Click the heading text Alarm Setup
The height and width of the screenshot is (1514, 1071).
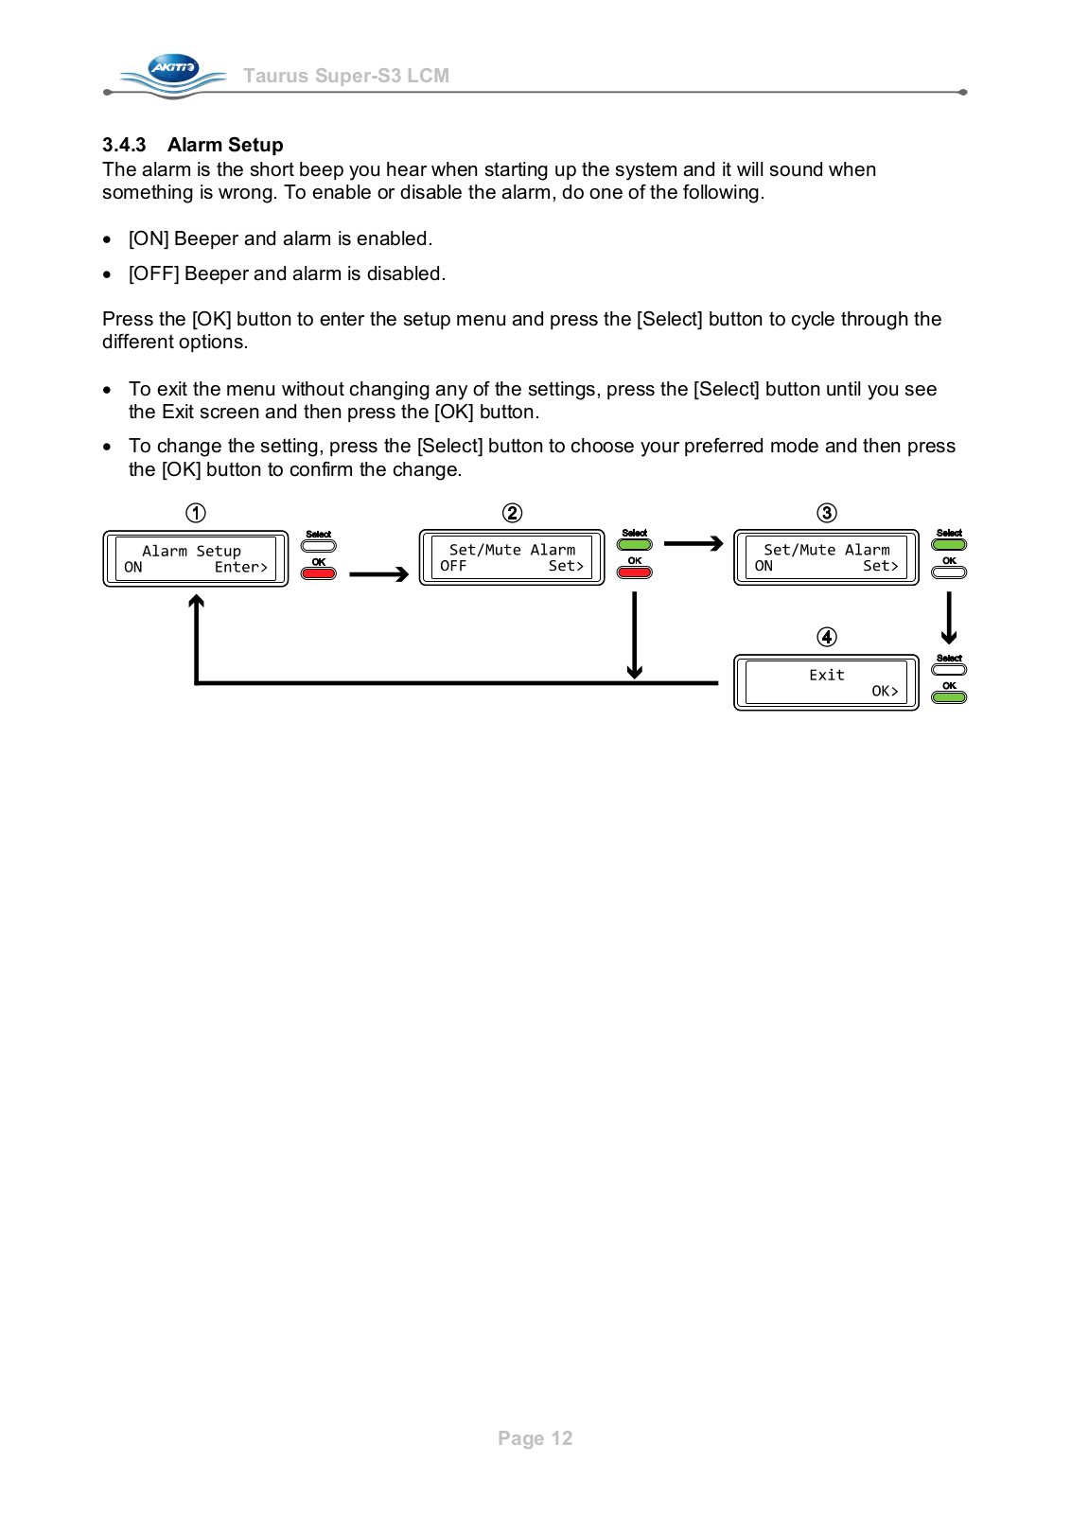(x=225, y=145)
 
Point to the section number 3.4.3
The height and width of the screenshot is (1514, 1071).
(x=124, y=145)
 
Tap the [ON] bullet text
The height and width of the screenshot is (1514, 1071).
(x=280, y=238)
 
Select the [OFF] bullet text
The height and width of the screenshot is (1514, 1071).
(x=287, y=273)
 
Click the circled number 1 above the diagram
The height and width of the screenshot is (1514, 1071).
(x=196, y=513)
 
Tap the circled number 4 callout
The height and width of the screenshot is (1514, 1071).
(x=827, y=637)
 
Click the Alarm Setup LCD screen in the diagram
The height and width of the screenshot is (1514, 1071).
(x=195, y=558)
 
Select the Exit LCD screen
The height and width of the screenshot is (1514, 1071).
(x=826, y=682)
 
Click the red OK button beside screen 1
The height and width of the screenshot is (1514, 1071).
(x=319, y=573)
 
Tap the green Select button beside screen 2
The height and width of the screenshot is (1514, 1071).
(x=635, y=544)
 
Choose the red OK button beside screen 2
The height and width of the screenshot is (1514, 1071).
(x=635, y=572)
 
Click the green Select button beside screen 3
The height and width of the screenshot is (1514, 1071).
(x=949, y=544)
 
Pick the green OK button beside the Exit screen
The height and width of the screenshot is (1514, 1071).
(x=949, y=697)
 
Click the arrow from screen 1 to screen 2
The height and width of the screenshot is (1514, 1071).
(x=378, y=574)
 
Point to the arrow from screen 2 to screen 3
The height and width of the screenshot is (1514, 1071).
(x=693, y=544)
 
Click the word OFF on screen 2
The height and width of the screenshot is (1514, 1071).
(x=453, y=566)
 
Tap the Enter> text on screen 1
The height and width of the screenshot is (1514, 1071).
(x=240, y=567)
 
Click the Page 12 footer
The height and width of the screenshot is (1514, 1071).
(x=535, y=1438)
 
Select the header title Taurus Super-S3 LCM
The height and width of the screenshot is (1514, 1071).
(x=346, y=76)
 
